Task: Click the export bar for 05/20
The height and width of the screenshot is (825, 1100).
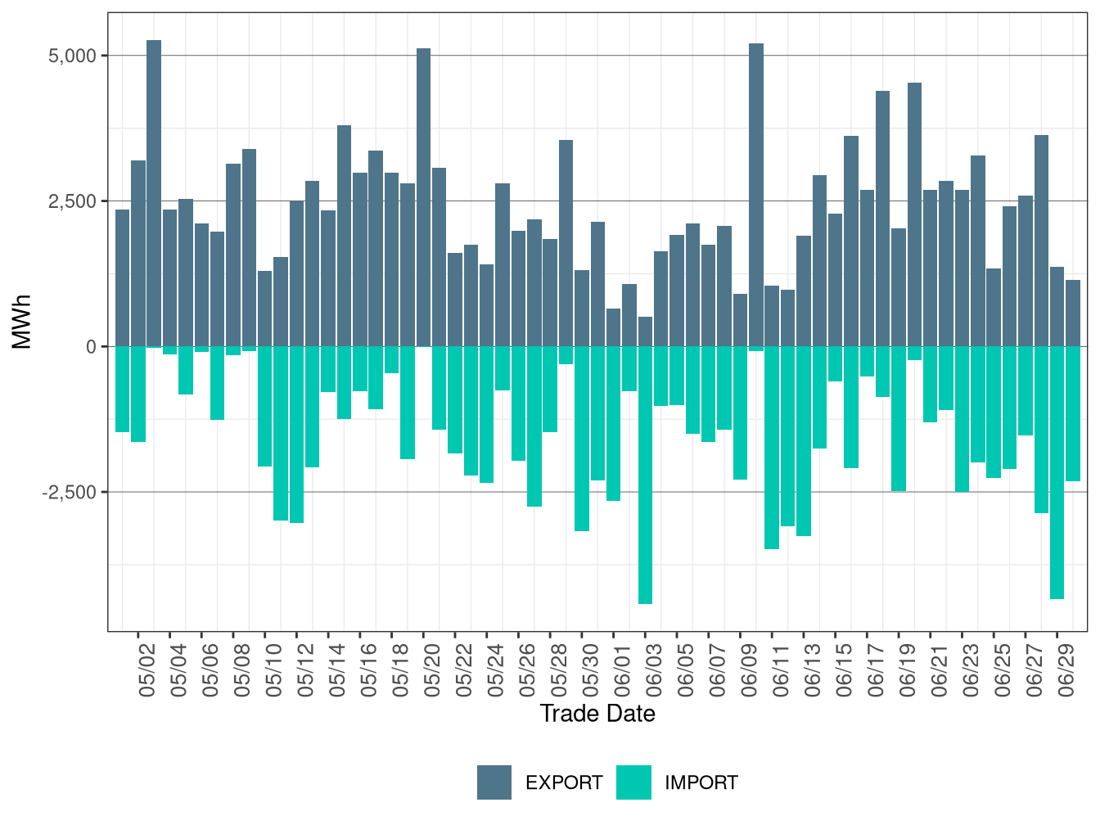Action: (x=424, y=197)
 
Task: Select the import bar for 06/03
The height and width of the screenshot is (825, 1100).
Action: (x=646, y=475)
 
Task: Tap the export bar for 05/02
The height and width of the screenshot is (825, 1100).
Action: (x=138, y=254)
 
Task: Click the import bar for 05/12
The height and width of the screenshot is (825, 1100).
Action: (x=297, y=435)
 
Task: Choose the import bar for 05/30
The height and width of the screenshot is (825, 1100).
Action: (x=582, y=439)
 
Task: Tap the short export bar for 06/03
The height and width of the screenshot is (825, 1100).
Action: (x=646, y=331)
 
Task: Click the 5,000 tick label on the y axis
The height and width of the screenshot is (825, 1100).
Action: (x=72, y=56)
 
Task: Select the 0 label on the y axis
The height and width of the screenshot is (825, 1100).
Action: (x=91, y=347)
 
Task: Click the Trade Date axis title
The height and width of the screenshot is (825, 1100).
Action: (x=597, y=714)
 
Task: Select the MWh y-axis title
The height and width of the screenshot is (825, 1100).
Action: (x=22, y=322)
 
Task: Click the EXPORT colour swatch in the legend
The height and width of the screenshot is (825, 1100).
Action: (x=494, y=782)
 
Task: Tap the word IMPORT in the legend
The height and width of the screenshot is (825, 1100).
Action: (x=701, y=783)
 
